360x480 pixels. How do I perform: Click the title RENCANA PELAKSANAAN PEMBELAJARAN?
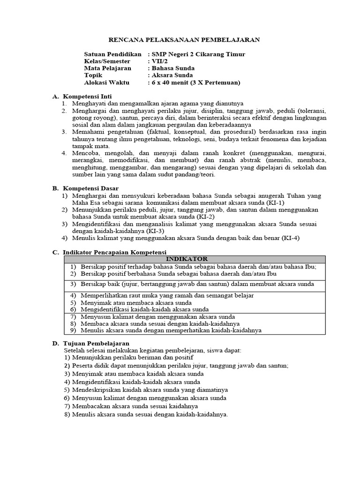tap(184, 40)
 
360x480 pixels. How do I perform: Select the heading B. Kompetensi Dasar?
tap(87, 188)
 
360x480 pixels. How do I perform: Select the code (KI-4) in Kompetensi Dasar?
tap(292, 238)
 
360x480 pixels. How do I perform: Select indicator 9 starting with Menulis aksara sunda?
tap(171, 330)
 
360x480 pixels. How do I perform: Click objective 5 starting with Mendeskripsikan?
tap(150, 390)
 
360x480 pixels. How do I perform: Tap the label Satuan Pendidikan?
tap(112, 54)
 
